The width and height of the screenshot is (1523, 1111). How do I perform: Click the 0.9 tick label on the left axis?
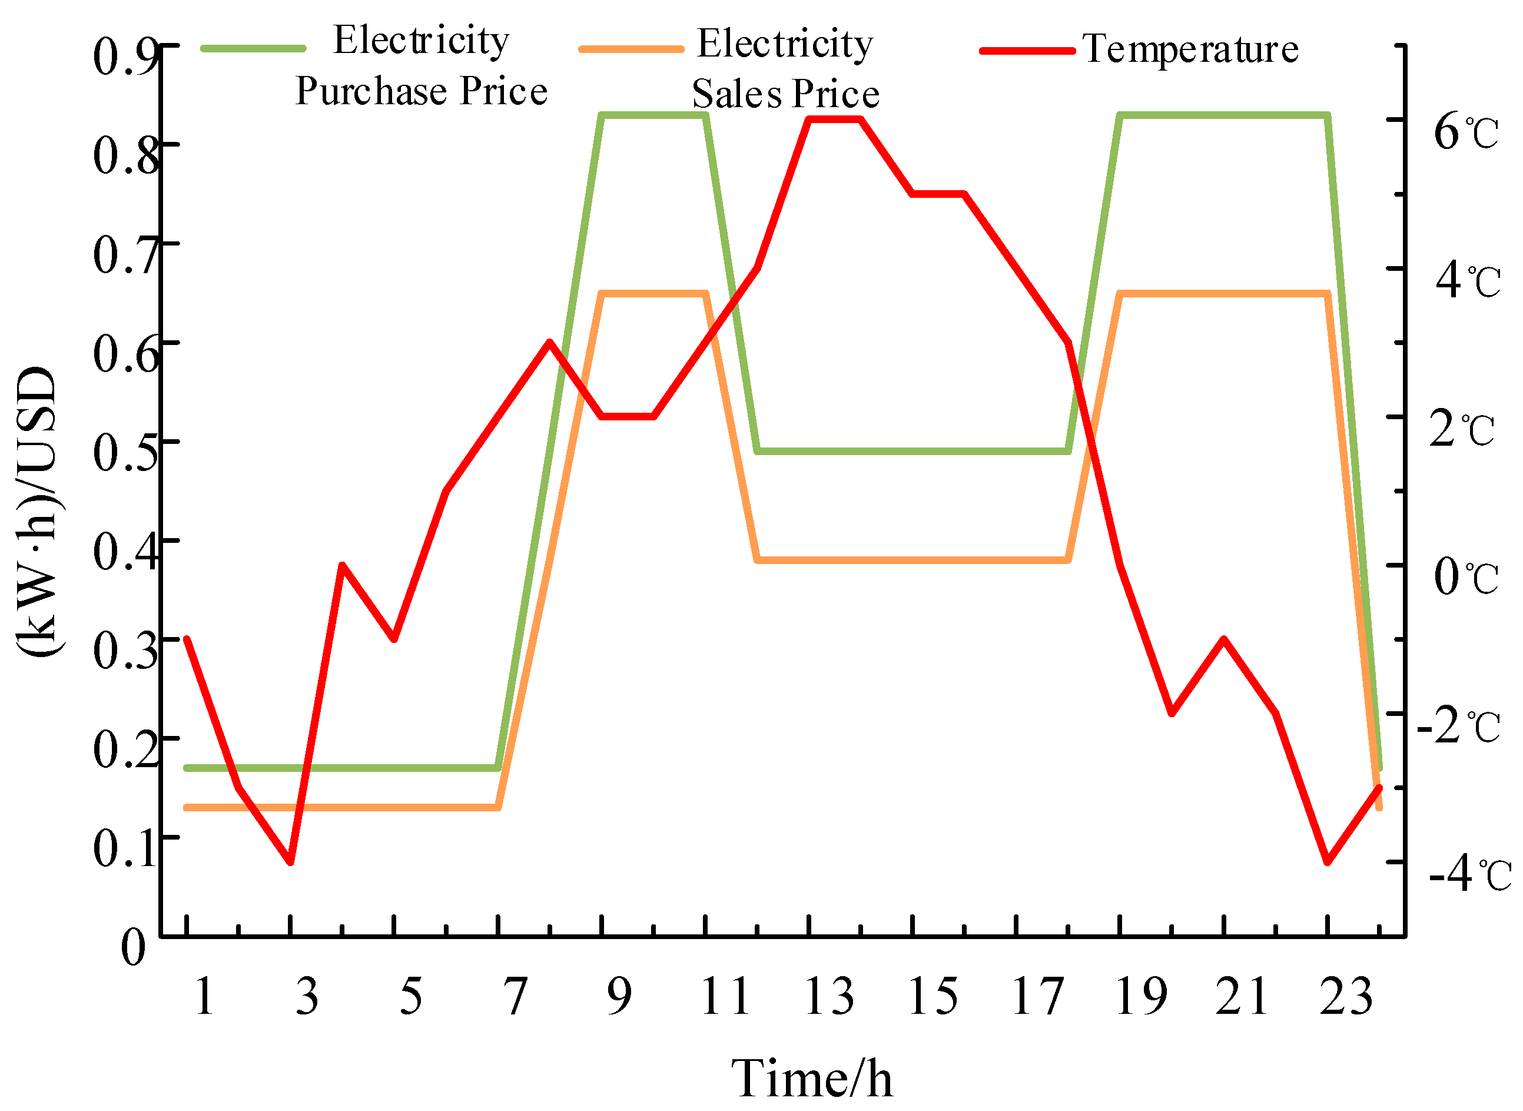[126, 57]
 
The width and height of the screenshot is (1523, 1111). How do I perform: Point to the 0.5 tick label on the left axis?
[126, 452]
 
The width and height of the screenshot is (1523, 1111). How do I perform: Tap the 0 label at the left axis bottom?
[133, 947]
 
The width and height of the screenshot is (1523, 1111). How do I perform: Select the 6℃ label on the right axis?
[1466, 132]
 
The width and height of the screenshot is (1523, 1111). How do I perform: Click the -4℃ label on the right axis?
[1469, 874]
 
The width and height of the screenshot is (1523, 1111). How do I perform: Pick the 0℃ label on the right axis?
[1466, 577]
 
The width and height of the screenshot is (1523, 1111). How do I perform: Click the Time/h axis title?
[812, 1077]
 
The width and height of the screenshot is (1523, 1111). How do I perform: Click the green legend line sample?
[254, 48]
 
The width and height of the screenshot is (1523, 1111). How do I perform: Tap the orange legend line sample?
[631, 49]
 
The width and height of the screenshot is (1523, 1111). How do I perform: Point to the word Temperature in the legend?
[1190, 49]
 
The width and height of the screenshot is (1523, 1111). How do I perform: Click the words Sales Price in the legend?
[785, 94]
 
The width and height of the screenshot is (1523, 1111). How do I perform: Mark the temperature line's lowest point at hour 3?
[290, 861]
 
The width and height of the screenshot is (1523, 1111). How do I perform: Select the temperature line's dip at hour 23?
[1328, 861]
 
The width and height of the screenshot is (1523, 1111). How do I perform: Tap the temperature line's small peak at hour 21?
[1224, 638]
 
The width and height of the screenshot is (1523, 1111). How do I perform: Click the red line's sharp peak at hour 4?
[342, 564]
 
